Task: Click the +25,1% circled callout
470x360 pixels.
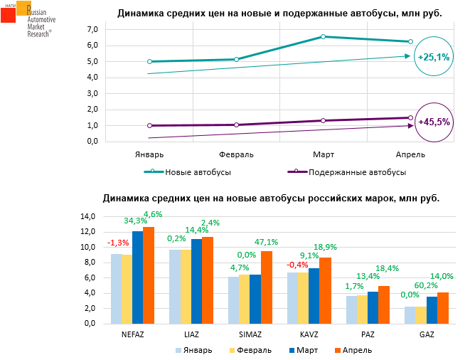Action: click(434, 57)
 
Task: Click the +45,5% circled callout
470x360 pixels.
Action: click(434, 122)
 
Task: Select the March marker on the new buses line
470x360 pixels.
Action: click(323, 36)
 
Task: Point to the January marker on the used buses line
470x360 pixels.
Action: click(149, 126)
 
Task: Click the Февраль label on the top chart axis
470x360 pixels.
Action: click(235, 154)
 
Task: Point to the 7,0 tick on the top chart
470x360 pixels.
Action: click(92, 29)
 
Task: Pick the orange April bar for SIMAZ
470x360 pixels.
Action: click(266, 287)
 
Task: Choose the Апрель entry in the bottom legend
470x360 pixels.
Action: click(351, 349)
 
